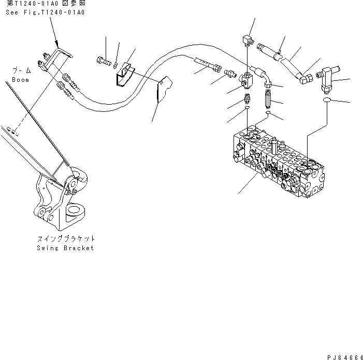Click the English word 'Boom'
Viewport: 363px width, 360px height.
point(21,80)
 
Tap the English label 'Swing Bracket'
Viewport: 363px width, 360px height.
point(65,248)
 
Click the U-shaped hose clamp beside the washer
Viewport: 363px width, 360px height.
point(124,76)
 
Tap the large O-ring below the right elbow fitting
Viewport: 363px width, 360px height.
point(328,102)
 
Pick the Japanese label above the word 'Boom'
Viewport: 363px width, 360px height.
point(21,71)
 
